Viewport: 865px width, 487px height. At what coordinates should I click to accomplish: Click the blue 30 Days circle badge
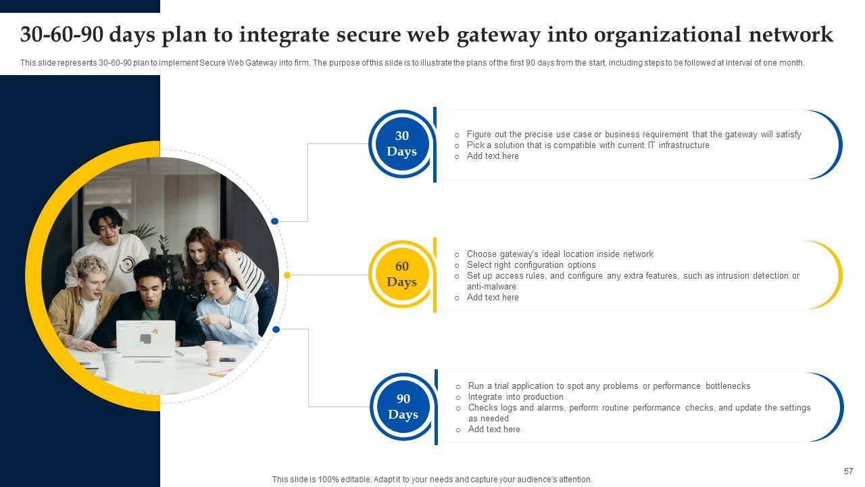[402, 144]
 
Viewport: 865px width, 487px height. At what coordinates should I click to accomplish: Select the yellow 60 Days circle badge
[402, 275]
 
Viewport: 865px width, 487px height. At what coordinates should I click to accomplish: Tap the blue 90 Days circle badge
[403, 407]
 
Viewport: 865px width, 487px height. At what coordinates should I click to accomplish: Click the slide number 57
[849, 471]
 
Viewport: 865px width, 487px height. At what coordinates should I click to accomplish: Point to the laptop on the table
[146, 338]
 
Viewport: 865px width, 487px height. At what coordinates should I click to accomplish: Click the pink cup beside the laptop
[213, 352]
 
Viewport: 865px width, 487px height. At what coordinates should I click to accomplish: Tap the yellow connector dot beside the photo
[287, 275]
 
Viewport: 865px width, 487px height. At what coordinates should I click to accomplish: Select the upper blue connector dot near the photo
[274, 221]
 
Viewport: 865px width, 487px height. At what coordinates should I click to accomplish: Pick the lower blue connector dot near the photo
[276, 329]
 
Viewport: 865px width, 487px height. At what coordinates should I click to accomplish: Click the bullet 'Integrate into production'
[516, 397]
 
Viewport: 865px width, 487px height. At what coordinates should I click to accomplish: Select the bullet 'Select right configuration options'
[531, 265]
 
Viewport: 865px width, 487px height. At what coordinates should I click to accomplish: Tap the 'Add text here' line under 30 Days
[493, 156]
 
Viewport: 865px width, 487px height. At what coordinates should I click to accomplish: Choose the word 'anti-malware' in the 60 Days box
[491, 287]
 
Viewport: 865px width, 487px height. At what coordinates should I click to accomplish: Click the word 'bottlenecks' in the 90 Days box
[728, 386]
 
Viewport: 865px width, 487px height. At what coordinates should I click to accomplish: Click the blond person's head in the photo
[90, 270]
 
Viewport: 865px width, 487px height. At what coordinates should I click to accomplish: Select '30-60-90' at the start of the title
[63, 34]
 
